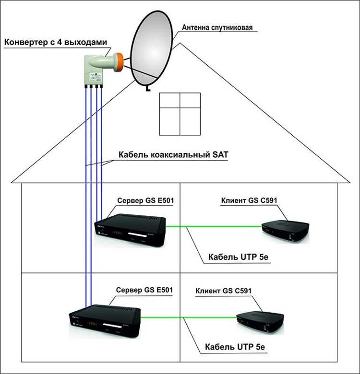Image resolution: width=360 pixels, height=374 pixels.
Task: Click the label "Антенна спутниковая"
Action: click(217, 28)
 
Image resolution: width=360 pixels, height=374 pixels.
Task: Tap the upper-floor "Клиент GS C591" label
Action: click(248, 200)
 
